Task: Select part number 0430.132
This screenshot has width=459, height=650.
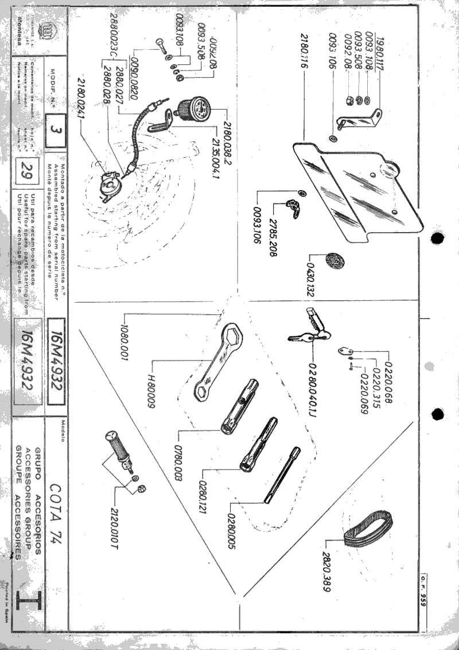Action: (x=313, y=277)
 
